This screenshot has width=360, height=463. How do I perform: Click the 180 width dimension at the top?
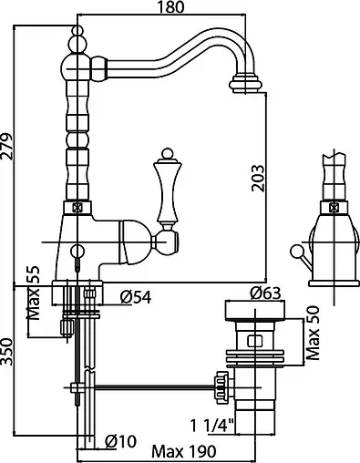tap(170, 7)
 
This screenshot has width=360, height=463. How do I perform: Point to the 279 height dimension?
tap(6, 146)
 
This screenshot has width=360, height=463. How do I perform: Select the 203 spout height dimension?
tap(258, 178)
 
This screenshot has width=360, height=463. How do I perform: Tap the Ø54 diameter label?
tap(136, 297)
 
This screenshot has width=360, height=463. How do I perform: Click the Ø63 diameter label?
tap(265, 293)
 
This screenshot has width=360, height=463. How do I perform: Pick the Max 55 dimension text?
tap(33, 293)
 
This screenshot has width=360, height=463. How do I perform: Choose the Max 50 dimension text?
tap(313, 333)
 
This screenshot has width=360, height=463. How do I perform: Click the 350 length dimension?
tap(6, 352)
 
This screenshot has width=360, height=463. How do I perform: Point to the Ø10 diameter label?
tap(120, 441)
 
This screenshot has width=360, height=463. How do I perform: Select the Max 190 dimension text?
tap(184, 452)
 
